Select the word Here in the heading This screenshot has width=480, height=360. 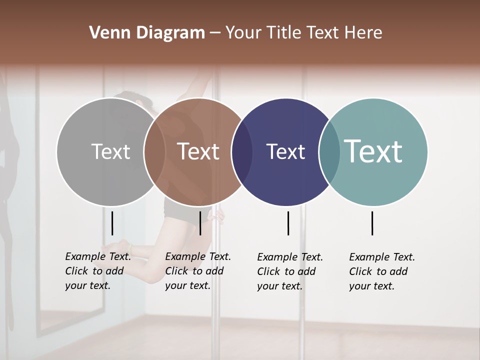363,33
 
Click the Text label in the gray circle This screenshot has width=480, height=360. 110,151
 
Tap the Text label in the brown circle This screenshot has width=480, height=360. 198,151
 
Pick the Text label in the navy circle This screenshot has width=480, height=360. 286,151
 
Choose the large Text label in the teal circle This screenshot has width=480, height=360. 373,151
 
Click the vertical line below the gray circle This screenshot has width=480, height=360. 112,223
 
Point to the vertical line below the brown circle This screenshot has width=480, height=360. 200,223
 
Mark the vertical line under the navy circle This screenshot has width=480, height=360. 288,223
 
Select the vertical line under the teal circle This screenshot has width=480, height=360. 372,223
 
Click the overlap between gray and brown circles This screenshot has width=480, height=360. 154,152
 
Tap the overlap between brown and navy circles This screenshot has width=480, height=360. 242,152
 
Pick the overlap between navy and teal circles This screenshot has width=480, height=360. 329,152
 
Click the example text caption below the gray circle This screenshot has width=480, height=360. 98,271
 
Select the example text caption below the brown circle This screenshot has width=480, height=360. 198,271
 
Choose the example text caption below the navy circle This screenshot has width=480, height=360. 290,271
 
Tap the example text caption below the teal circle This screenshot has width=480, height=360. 382,271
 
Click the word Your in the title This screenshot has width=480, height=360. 243,33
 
